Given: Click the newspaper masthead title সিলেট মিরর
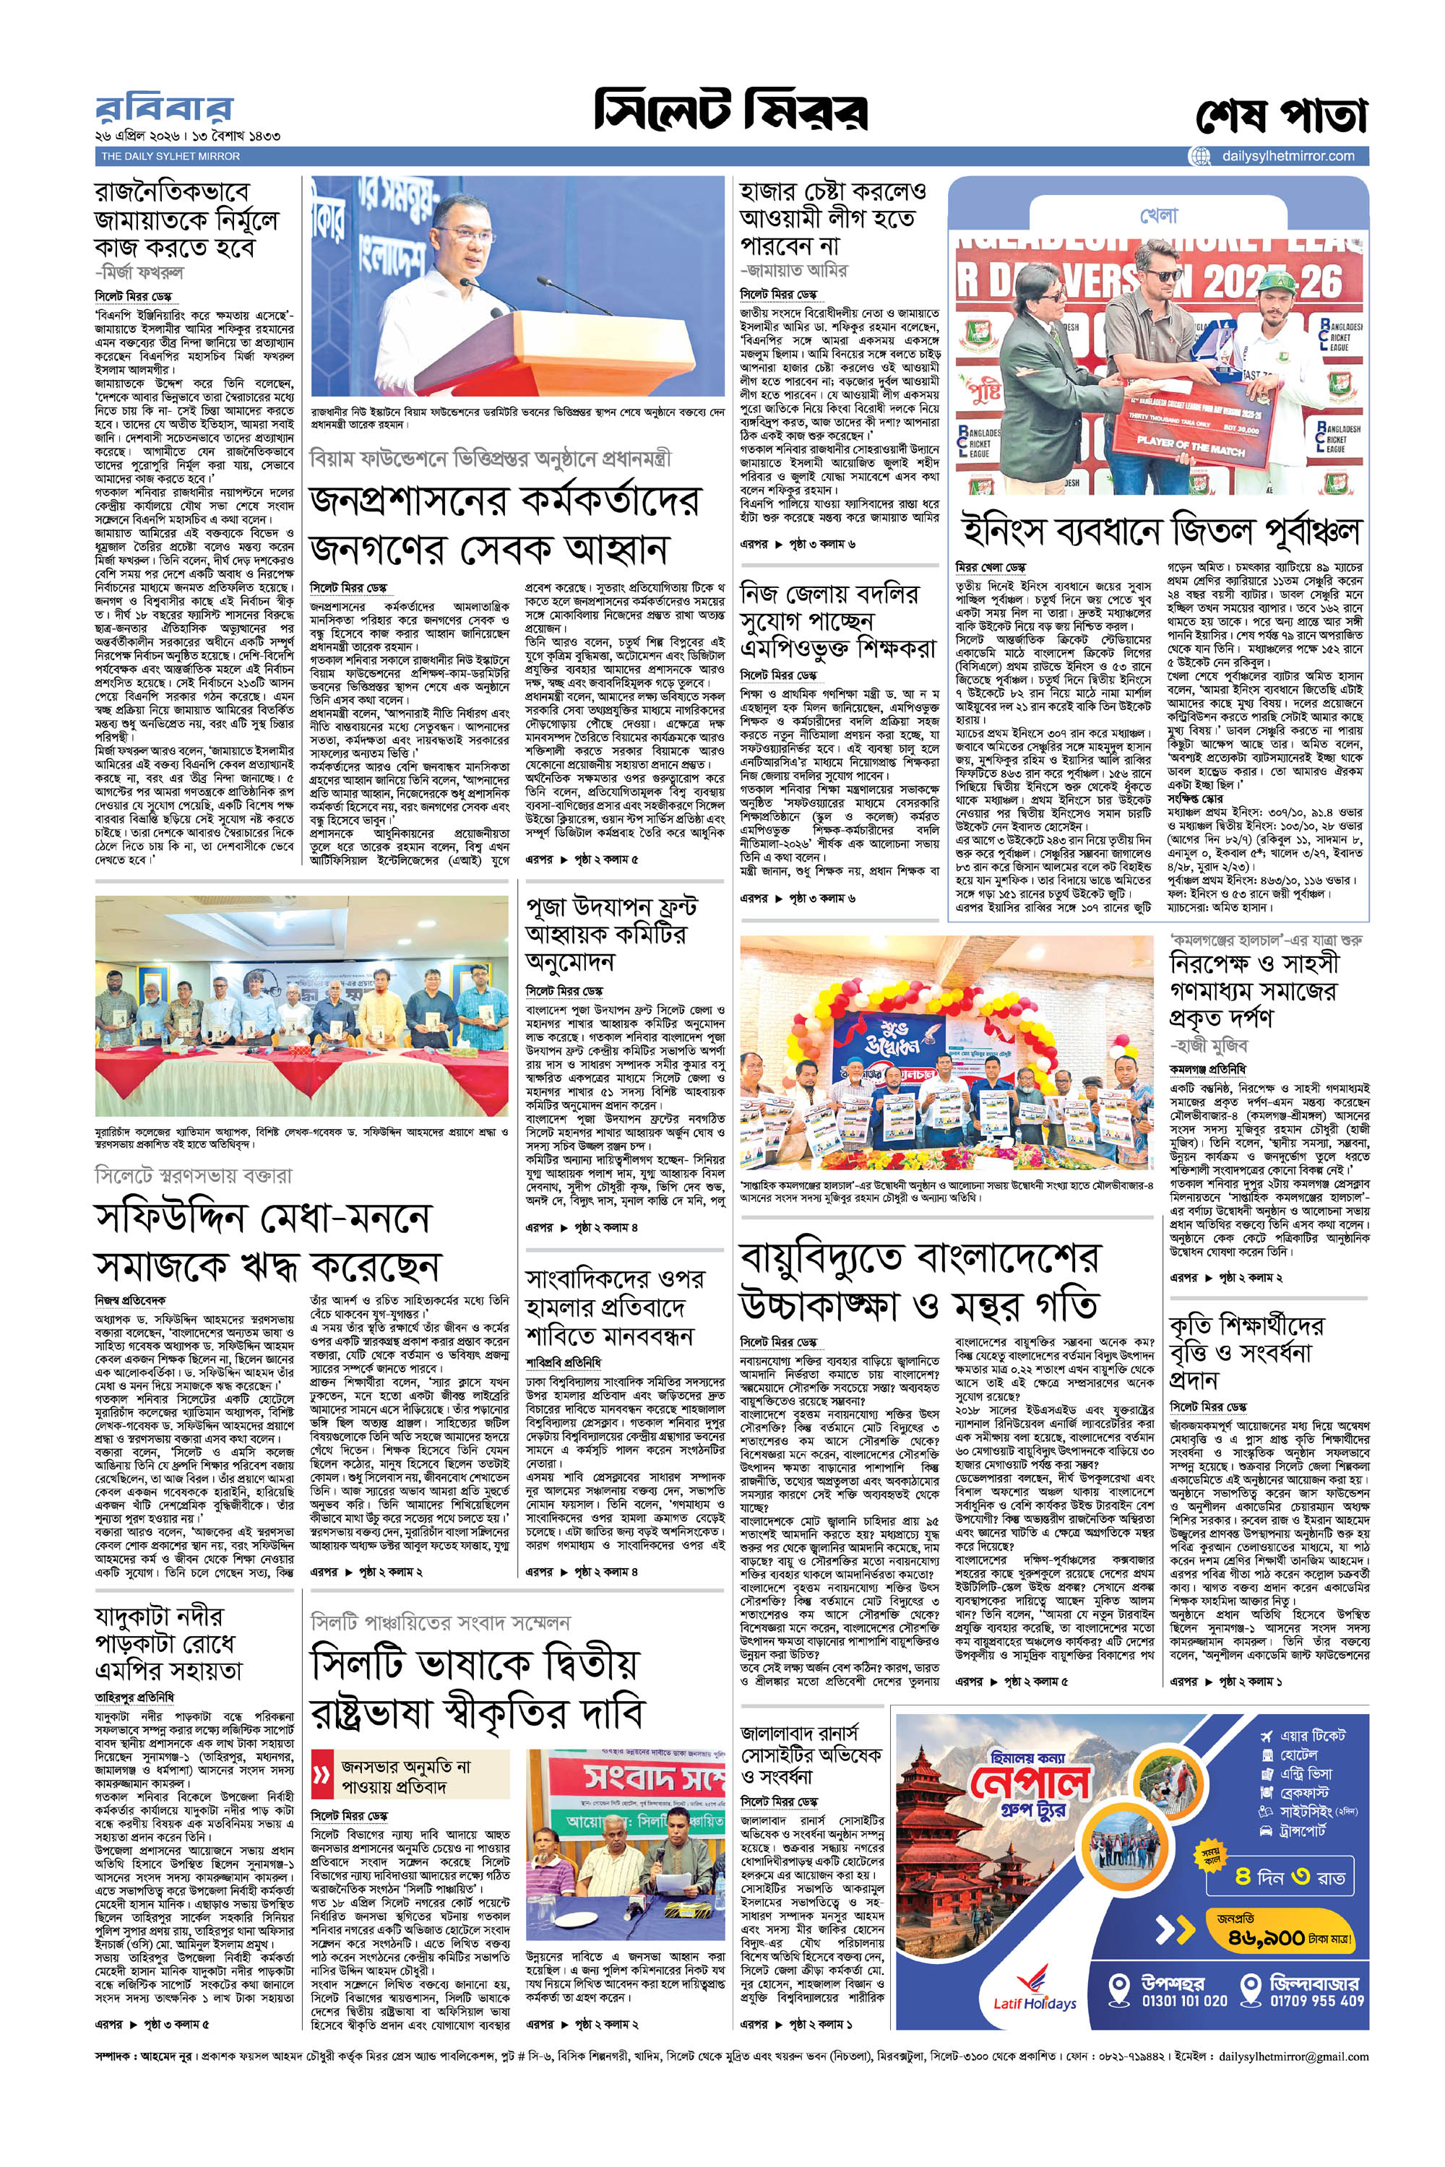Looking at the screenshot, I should [x=730, y=111].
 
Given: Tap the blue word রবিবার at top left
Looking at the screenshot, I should [x=164, y=110].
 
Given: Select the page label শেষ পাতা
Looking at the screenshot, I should [x=1281, y=116].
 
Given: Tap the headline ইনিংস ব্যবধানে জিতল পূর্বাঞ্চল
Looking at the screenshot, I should [x=1161, y=531].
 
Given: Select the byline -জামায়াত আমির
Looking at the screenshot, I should [x=794, y=270].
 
